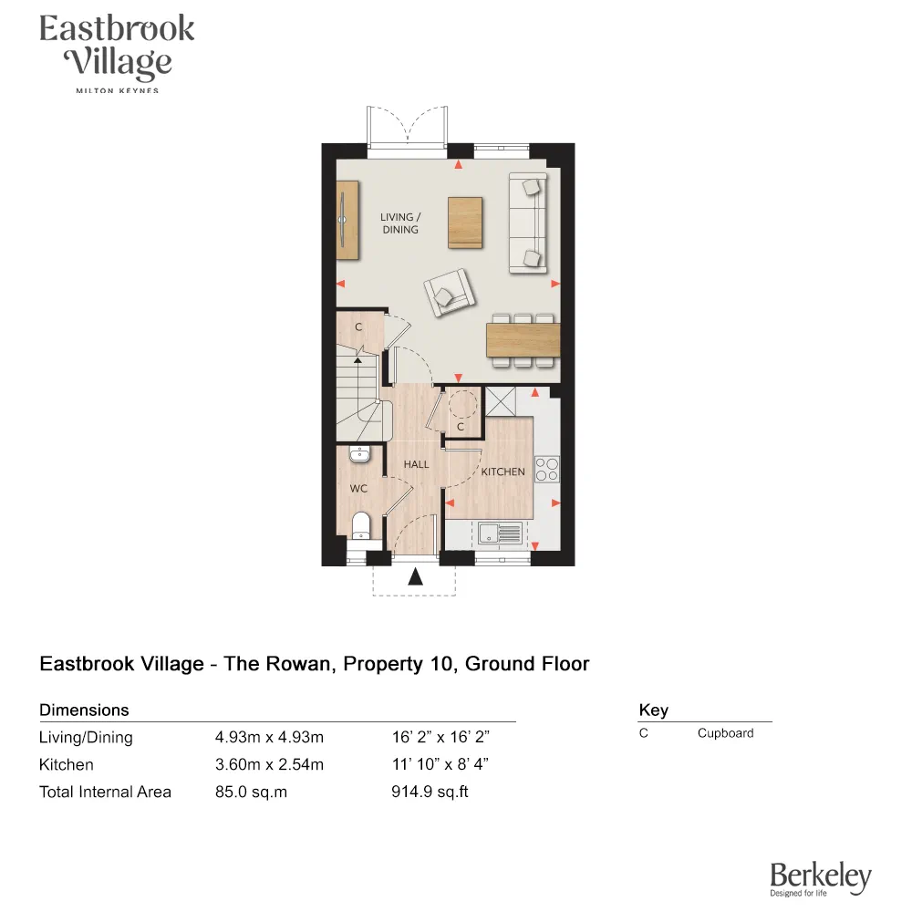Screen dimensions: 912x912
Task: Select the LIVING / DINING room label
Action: point(400,223)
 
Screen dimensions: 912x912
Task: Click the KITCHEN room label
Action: point(503,472)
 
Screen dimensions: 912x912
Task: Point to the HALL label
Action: point(417,464)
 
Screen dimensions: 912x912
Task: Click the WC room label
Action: point(358,489)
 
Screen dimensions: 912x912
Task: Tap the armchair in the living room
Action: point(448,293)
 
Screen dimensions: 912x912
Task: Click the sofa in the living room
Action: point(528,222)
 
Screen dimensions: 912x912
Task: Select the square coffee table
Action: point(465,222)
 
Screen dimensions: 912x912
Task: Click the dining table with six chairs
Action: point(523,340)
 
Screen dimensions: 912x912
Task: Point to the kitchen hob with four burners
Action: point(547,469)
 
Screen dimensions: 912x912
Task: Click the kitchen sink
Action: point(498,531)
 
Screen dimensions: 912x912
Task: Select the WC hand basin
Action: point(359,452)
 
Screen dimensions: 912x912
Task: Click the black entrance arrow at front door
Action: point(415,576)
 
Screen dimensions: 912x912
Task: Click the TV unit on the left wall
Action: point(344,219)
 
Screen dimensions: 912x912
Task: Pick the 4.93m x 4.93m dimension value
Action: point(269,738)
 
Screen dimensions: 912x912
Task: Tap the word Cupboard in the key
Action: point(725,733)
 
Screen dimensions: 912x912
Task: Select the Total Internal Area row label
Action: point(105,792)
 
